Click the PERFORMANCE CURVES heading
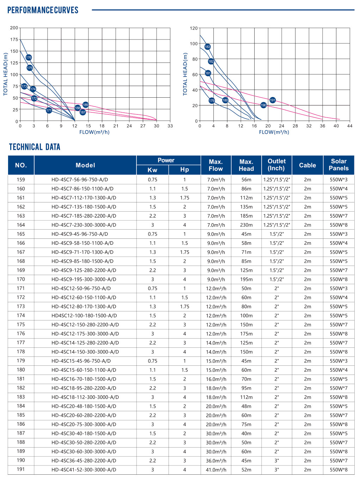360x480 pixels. [x=43, y=10]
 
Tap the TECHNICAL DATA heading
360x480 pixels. [x=35, y=147]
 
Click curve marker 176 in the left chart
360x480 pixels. [x=29, y=57]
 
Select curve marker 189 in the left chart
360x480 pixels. [x=85, y=105]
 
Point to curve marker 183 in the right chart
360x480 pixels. [x=207, y=47]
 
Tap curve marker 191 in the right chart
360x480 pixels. [x=273, y=100]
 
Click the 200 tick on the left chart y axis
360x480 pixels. [x=14, y=28]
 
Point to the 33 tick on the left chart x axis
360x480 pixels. [x=170, y=126]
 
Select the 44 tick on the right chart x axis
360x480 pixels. [x=350, y=126]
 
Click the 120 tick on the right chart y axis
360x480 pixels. [x=194, y=28]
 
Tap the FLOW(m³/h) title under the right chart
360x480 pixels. [x=274, y=132]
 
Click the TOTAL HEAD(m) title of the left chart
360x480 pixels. [x=5, y=74]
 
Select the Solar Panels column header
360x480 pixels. [x=338, y=165]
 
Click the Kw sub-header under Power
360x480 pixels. [x=152, y=170]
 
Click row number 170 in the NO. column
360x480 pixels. [x=21, y=279]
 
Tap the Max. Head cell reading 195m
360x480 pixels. [x=246, y=279]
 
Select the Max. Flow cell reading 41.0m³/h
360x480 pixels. [x=216, y=470]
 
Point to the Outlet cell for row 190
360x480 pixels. [x=276, y=461]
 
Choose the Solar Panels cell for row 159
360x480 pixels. [x=338, y=180]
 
